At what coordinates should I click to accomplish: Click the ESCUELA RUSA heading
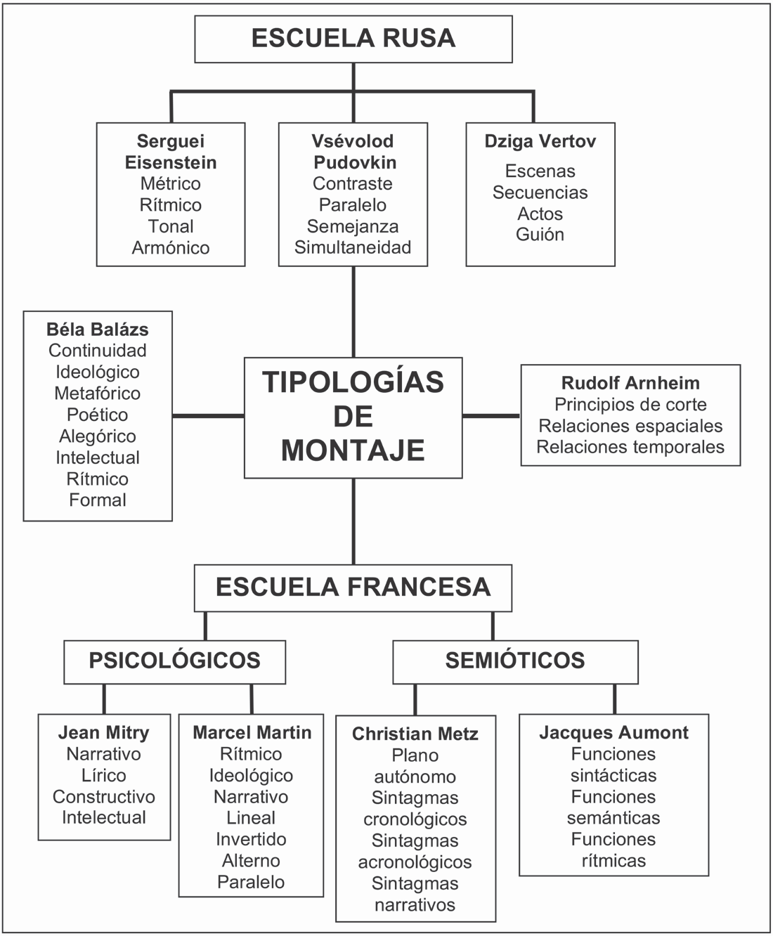click(353, 38)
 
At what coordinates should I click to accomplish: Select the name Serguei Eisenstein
click(171, 152)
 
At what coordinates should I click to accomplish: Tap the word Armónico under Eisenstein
click(171, 247)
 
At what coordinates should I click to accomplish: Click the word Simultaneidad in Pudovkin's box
click(353, 247)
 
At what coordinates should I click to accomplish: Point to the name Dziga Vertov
click(540, 141)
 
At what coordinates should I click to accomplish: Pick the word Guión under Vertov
click(540, 234)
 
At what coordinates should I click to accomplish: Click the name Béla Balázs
click(98, 329)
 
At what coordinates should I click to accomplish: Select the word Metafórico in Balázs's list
click(98, 393)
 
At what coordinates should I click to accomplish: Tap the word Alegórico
click(98, 436)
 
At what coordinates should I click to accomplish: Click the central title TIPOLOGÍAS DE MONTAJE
click(353, 416)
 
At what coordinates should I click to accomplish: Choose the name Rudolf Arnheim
click(630, 383)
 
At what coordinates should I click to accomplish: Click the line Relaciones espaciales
click(630, 426)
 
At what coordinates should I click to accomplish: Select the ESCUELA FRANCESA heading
click(353, 587)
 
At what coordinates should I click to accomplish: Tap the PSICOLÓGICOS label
click(174, 661)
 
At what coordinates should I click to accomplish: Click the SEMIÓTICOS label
click(515, 661)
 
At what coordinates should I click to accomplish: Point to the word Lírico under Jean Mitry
click(104, 775)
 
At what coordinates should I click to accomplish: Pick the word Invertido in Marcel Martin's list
click(251, 839)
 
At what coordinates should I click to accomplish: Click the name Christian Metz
click(415, 734)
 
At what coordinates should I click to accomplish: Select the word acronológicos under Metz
click(415, 862)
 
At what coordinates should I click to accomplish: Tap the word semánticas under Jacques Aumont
click(613, 818)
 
